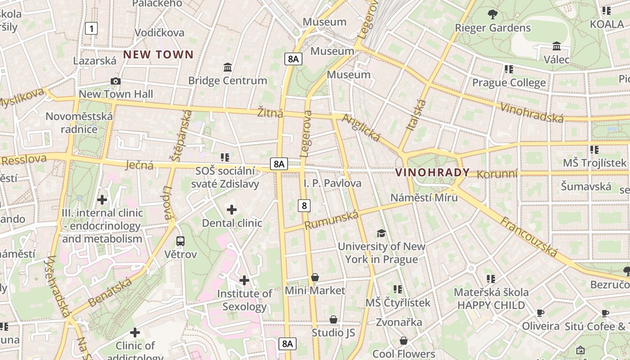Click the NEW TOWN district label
tap(158, 55)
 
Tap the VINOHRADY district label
tap(432, 172)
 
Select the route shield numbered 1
tap(91, 29)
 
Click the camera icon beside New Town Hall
tap(116, 81)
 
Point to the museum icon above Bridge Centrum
tap(228, 67)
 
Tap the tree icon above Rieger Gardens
tap(493, 14)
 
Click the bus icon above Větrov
tap(180, 241)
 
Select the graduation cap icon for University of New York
tap(381, 233)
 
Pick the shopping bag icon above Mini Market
tap(315, 277)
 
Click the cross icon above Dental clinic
tap(232, 210)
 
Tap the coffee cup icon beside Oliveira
tap(540, 313)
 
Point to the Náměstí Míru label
tap(424, 198)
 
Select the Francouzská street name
tap(529, 237)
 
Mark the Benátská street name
tap(110, 292)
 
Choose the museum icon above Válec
tap(557, 46)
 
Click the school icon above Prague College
tap(509, 69)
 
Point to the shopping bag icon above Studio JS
tap(333, 319)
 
